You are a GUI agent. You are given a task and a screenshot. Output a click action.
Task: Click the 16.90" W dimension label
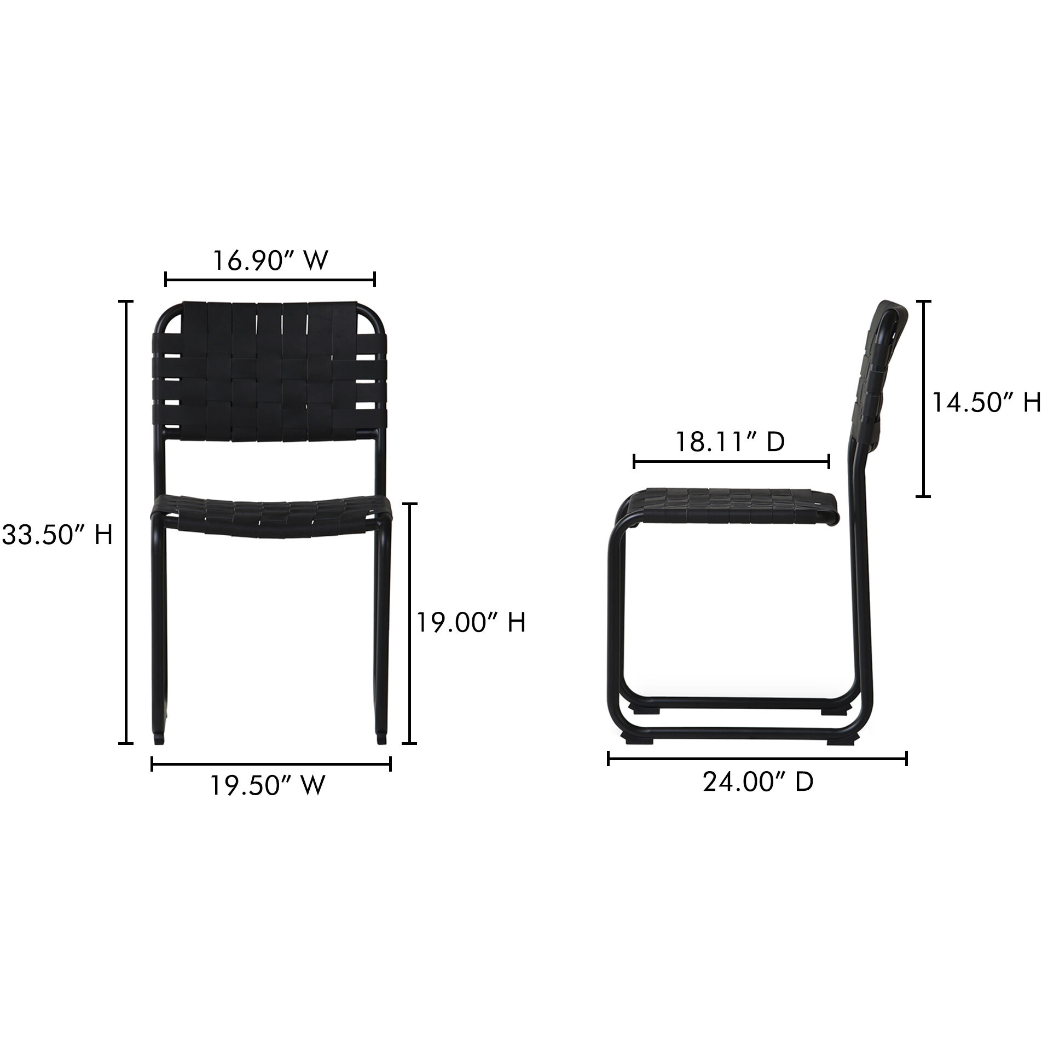(270, 261)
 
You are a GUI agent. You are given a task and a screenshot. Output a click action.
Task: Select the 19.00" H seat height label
(471, 622)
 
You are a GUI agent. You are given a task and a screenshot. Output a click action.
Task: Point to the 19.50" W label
(268, 786)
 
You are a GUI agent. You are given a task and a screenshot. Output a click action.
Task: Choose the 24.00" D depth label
(758, 782)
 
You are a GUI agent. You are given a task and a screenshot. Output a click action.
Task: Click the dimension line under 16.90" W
(270, 280)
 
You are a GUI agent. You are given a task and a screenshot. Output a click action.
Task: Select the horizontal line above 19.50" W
(271, 763)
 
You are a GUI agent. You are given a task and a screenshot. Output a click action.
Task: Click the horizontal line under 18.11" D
(731, 461)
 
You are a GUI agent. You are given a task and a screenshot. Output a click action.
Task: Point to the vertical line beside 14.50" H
(924, 399)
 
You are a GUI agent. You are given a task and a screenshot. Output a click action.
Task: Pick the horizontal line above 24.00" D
(757, 759)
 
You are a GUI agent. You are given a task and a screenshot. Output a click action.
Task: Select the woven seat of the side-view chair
(733, 503)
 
